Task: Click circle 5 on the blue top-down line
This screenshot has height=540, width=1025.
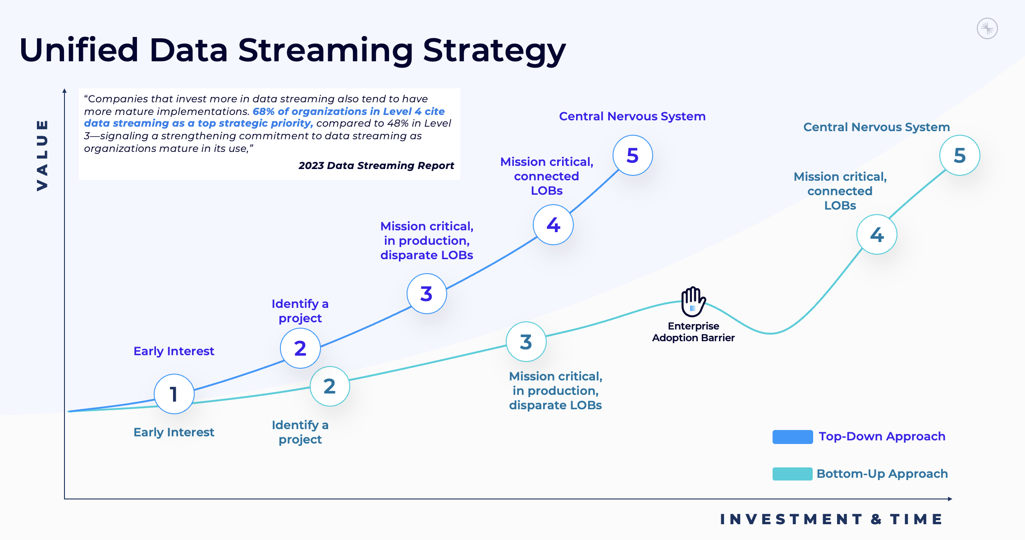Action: [632, 156]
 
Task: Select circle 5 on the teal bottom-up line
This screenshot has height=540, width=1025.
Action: [960, 156]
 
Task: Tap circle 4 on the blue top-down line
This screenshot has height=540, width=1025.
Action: [553, 225]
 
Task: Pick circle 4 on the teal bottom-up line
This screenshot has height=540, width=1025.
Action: [877, 234]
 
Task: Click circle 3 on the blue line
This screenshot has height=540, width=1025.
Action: [426, 294]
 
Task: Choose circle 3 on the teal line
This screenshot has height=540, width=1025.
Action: [526, 342]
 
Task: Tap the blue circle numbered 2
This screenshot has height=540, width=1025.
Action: [300, 348]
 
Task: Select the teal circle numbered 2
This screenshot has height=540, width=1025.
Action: [329, 386]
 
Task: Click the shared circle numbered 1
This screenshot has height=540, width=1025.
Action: [174, 394]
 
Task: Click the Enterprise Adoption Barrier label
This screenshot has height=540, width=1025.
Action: [693, 332]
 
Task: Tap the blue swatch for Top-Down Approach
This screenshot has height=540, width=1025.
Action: [792, 437]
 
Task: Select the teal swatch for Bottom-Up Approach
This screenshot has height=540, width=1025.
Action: [792, 474]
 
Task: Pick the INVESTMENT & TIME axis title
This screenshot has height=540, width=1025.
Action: [831, 519]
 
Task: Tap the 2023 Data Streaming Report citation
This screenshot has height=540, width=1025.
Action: [376, 165]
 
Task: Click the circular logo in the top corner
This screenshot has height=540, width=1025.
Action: [987, 29]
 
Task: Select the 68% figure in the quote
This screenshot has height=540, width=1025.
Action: [263, 111]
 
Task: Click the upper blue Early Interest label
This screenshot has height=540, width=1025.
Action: [174, 351]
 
